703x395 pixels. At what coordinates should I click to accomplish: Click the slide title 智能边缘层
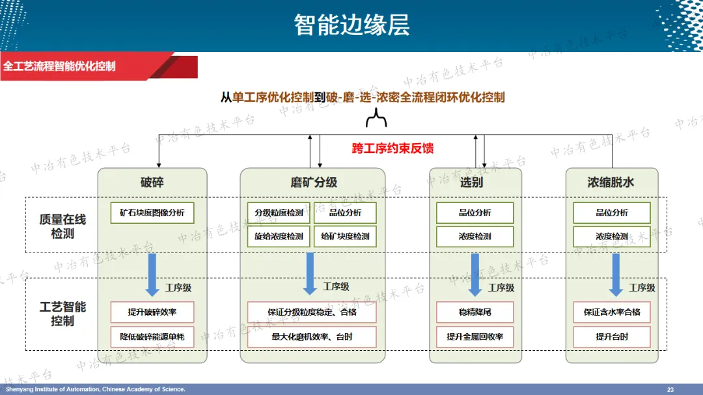tap(351, 25)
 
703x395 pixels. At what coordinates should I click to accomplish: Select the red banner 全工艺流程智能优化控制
tap(59, 66)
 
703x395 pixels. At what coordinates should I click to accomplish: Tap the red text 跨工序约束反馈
tap(393, 148)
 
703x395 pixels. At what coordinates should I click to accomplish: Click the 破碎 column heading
tap(152, 182)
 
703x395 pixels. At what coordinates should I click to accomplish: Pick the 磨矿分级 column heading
tap(314, 182)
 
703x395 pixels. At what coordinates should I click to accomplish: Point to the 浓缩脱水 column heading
tap(611, 182)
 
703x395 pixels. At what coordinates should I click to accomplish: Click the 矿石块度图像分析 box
tap(152, 213)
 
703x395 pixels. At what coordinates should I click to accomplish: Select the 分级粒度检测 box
tap(279, 213)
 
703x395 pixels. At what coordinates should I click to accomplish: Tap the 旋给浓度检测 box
tap(279, 236)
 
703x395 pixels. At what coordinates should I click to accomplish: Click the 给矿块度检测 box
tap(345, 236)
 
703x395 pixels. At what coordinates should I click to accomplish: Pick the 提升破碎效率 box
tap(152, 312)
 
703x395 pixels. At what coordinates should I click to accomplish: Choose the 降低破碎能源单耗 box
tap(152, 337)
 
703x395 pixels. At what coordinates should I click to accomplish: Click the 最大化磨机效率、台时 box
tap(312, 337)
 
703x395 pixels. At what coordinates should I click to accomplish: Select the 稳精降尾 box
tap(475, 312)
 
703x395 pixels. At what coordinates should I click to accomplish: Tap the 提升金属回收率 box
tap(475, 337)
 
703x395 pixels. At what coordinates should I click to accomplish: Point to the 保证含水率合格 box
tap(612, 312)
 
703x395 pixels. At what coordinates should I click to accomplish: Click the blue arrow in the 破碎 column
tap(152, 274)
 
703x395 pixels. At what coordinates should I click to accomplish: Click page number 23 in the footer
tap(670, 389)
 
